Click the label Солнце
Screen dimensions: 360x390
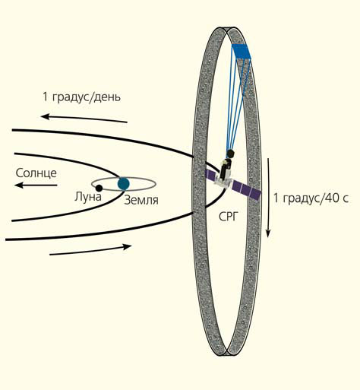(x=36, y=173)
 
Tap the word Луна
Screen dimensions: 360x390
(x=88, y=197)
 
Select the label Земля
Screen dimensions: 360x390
(x=141, y=200)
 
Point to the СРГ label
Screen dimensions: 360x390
(x=229, y=217)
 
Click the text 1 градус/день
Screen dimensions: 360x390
(x=82, y=97)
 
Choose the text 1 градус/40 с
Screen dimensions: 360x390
(x=311, y=198)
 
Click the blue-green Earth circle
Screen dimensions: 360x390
(x=124, y=184)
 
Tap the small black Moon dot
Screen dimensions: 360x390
(x=99, y=188)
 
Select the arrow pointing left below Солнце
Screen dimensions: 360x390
(x=36, y=185)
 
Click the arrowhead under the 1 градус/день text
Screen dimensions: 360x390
(x=45, y=116)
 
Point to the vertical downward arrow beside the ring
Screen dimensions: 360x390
(x=268, y=198)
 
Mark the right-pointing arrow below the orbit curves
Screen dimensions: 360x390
(x=90, y=250)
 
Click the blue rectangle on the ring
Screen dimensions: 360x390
(x=242, y=52)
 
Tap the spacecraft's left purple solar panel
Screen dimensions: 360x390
(x=211, y=176)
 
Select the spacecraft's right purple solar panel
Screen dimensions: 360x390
(x=246, y=190)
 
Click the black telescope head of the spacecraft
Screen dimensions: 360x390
(x=230, y=154)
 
